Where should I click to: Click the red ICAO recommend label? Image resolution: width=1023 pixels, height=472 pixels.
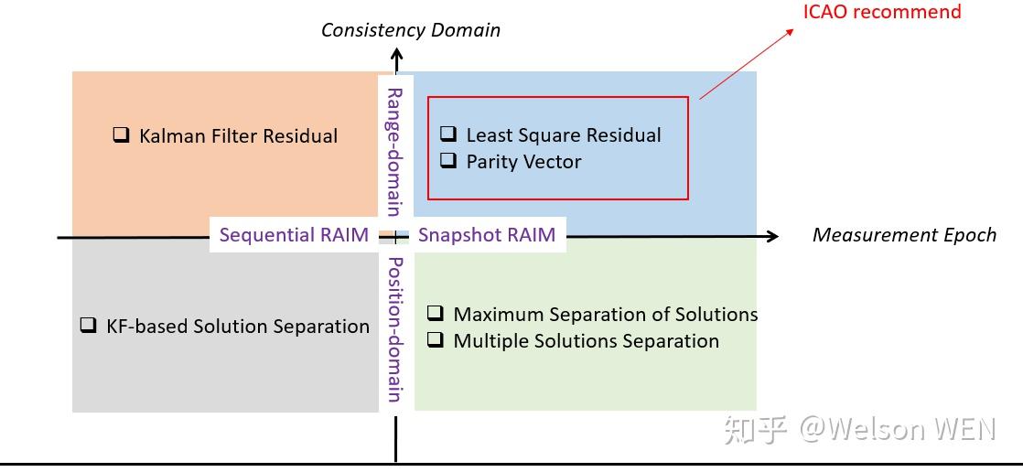[882, 12]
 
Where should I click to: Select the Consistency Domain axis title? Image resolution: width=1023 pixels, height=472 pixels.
[411, 30]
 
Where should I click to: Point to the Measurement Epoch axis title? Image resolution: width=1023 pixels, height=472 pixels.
[904, 235]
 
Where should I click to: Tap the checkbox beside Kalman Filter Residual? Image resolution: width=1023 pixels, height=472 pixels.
[121, 135]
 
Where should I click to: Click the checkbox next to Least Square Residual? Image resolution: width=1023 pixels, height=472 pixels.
[448, 134]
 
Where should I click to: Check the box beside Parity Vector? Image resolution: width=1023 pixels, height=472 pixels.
[448, 161]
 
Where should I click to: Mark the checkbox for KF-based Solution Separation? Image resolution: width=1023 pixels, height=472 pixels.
[88, 325]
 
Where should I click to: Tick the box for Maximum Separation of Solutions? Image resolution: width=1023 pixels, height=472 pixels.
[436, 314]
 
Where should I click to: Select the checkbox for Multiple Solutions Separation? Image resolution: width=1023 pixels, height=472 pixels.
[436, 340]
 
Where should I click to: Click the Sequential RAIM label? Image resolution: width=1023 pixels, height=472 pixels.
[294, 234]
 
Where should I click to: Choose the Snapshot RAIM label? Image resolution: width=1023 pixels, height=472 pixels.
[487, 234]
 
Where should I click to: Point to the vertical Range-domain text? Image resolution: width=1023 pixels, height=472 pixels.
[394, 151]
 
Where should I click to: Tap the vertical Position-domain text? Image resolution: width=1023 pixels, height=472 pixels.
[394, 329]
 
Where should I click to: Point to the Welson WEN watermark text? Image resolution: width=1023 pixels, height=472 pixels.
[898, 429]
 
